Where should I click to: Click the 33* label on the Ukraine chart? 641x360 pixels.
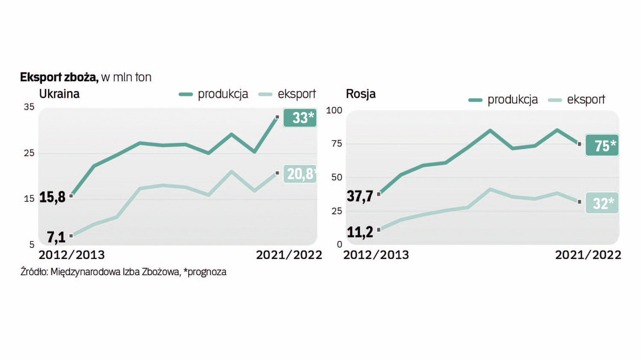300,118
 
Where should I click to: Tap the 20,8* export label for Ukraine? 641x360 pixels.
300,174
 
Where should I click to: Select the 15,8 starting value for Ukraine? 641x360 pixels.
52,197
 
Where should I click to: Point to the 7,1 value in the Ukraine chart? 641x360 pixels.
56,237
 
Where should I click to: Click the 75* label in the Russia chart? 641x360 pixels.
602,145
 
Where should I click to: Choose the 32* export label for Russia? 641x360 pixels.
602,203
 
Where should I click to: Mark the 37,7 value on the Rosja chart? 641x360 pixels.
360,196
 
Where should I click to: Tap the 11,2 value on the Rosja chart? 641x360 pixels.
360,232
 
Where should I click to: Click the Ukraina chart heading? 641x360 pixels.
59,94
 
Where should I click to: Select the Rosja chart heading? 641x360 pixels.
361,94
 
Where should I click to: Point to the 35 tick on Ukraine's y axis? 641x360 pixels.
29,107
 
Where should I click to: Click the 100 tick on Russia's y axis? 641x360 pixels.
334,110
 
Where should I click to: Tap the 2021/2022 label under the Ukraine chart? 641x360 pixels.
289,255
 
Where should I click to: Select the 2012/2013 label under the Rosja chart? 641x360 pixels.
376,255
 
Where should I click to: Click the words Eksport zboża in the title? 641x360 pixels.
59,77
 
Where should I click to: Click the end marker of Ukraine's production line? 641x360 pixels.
277,117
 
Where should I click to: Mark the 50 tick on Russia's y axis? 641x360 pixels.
337,177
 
